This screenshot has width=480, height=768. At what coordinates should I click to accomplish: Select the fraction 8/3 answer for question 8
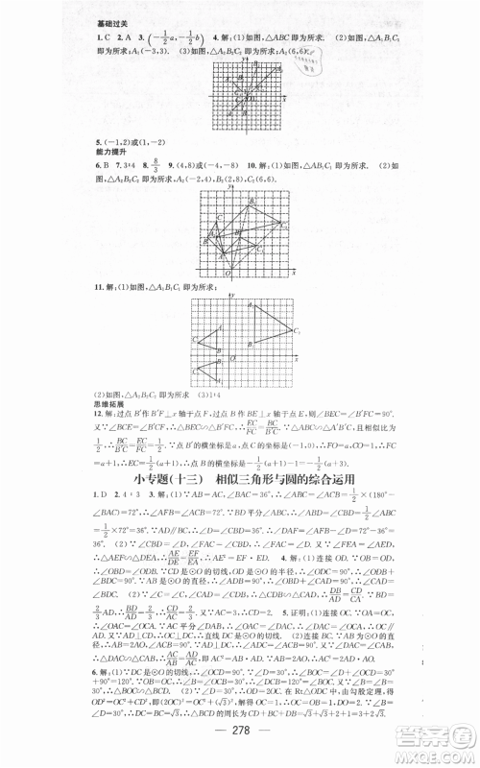156,169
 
